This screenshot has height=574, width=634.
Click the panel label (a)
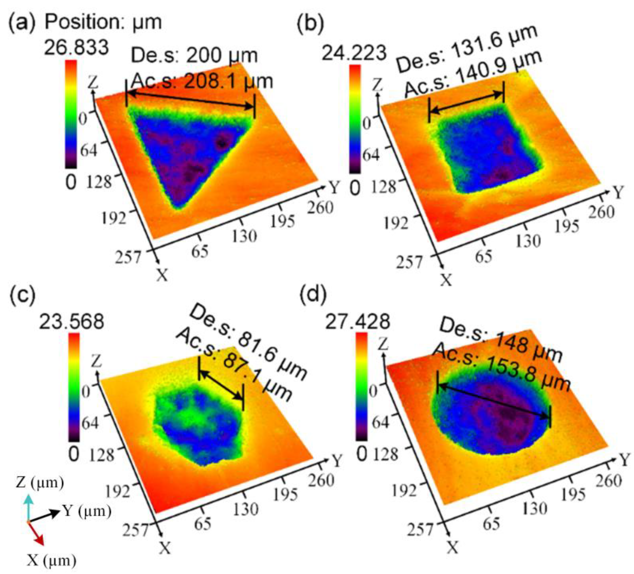[x=21, y=23]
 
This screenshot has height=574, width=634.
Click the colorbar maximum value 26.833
[x=76, y=48]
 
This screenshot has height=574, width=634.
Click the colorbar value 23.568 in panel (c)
[x=71, y=322]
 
